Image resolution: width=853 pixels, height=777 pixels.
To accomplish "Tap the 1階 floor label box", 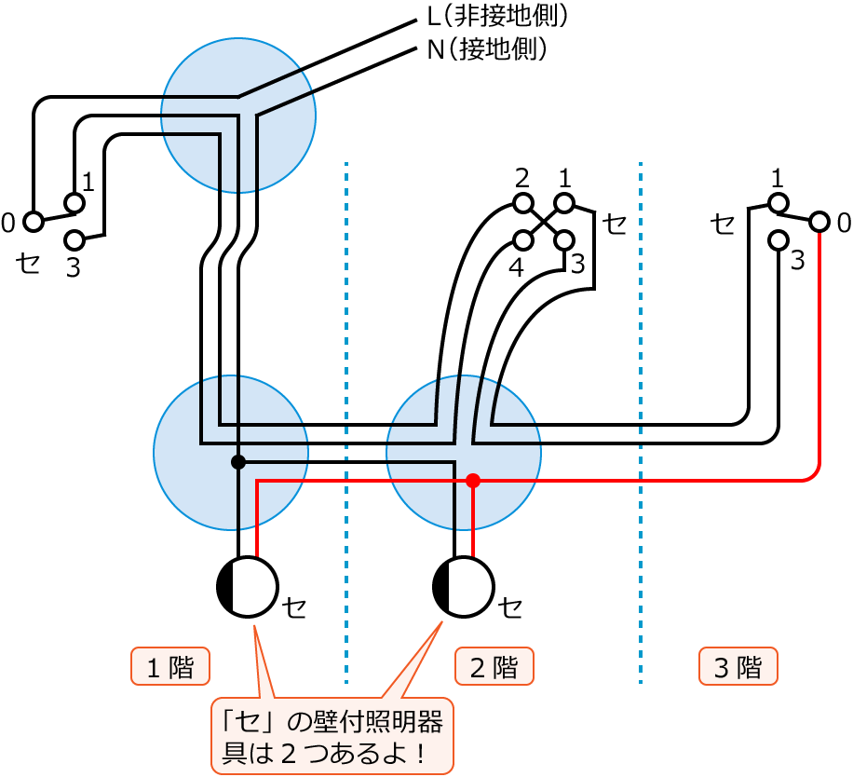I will [170, 667].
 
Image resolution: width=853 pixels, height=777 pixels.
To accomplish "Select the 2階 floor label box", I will [494, 667].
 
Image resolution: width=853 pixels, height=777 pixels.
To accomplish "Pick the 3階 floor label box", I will [738, 667].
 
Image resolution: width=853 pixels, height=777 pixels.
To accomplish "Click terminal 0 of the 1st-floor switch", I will [34, 222].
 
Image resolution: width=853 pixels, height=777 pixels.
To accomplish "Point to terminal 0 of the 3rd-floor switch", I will [819, 222].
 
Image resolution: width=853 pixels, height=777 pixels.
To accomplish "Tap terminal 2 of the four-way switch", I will [523, 203].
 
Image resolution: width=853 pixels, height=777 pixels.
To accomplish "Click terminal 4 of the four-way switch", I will [523, 240].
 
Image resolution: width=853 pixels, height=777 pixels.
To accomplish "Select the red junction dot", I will [473, 481].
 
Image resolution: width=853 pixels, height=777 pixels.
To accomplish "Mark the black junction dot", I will [238, 462].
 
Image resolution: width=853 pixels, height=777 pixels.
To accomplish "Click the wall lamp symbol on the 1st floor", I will [248, 587].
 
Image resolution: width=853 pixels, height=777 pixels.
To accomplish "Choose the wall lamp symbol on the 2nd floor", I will [464, 587].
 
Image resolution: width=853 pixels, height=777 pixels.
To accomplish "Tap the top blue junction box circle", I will [238, 116].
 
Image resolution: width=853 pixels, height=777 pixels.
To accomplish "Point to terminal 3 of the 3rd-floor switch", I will [779, 240].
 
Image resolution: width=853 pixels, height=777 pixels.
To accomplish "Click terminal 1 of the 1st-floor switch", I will [74, 203].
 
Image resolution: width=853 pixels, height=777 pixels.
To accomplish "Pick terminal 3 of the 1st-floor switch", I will [74, 240].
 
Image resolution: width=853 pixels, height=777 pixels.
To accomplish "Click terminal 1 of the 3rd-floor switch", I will [779, 203].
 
